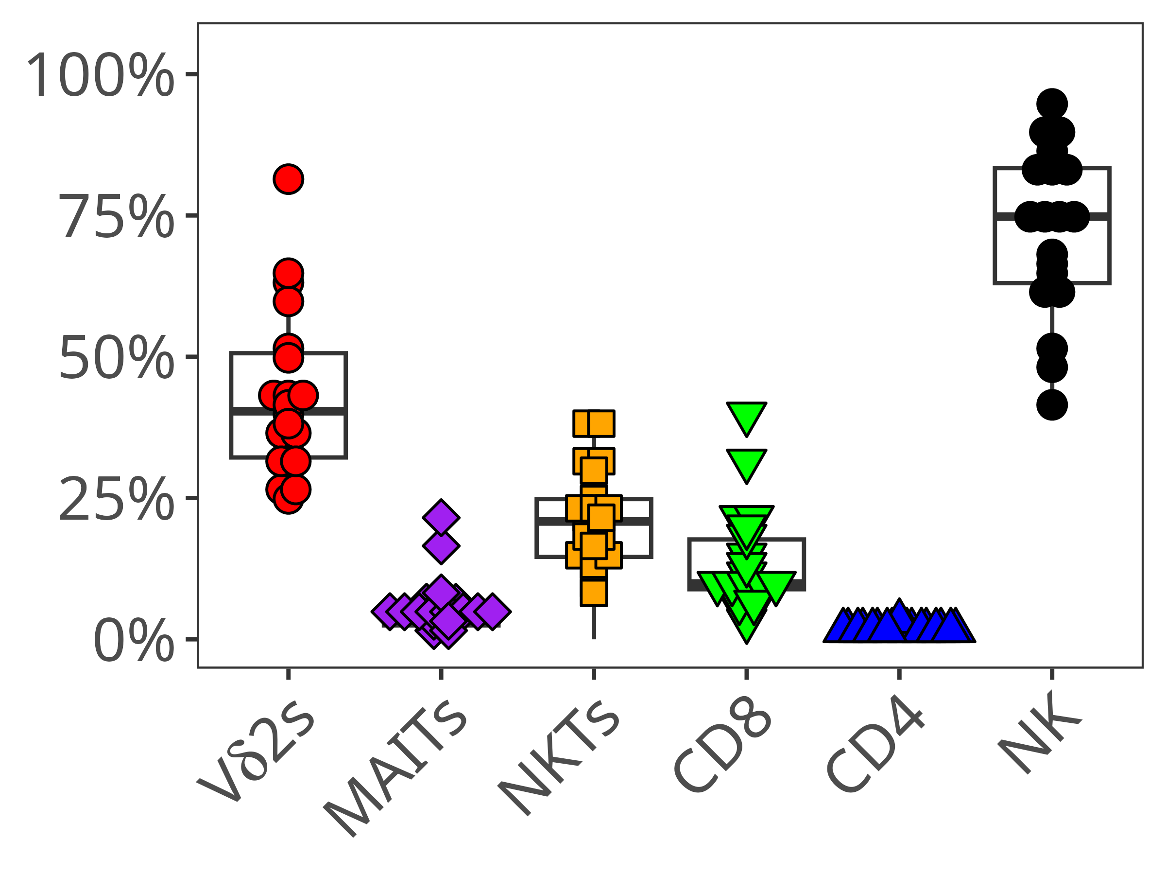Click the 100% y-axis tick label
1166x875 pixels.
(100, 75)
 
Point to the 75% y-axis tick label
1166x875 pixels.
(116, 216)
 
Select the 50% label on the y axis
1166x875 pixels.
(116, 357)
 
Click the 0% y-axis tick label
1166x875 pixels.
(134, 640)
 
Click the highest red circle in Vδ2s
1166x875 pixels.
(288, 179)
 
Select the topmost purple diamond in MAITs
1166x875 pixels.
(441, 517)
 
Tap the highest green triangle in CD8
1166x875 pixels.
(746, 416)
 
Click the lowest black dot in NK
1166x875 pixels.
(1052, 405)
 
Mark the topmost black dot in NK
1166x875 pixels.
(1052, 104)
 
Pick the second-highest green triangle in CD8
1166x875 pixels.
(746, 463)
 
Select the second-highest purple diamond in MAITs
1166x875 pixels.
(441, 546)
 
